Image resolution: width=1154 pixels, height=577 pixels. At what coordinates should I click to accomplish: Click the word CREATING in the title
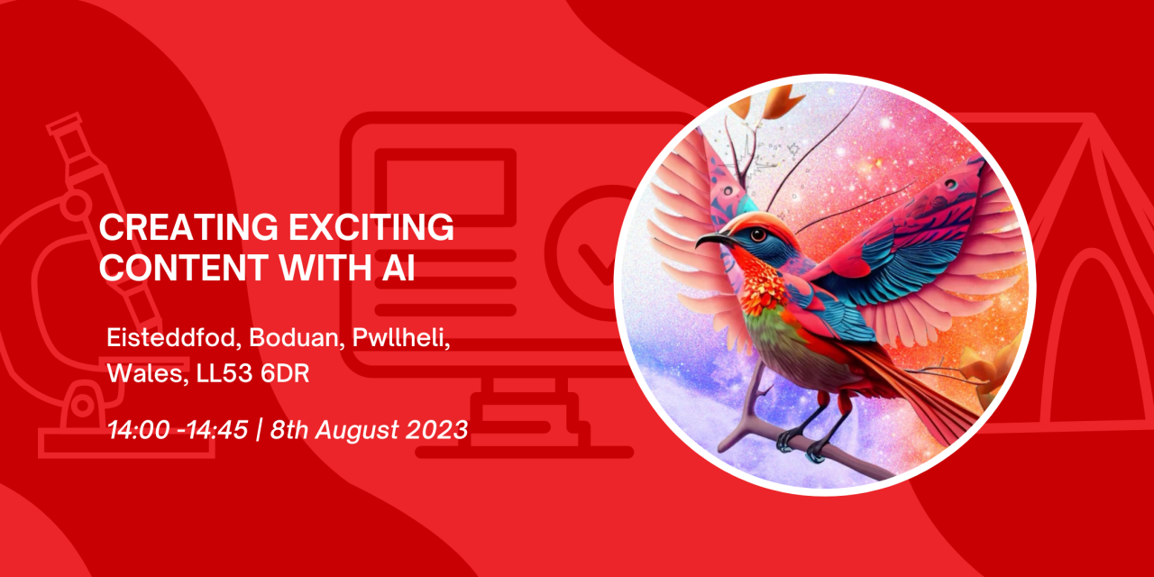188,227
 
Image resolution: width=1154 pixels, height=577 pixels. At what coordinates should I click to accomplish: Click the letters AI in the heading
398,267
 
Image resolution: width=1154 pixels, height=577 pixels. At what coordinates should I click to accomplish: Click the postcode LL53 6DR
253,374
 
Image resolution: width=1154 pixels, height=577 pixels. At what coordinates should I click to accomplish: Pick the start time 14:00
139,430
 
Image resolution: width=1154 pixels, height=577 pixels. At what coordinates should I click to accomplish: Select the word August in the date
358,431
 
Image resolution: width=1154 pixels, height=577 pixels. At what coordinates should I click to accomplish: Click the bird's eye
758,235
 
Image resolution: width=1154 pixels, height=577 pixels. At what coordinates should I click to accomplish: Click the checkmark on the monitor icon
598,262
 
